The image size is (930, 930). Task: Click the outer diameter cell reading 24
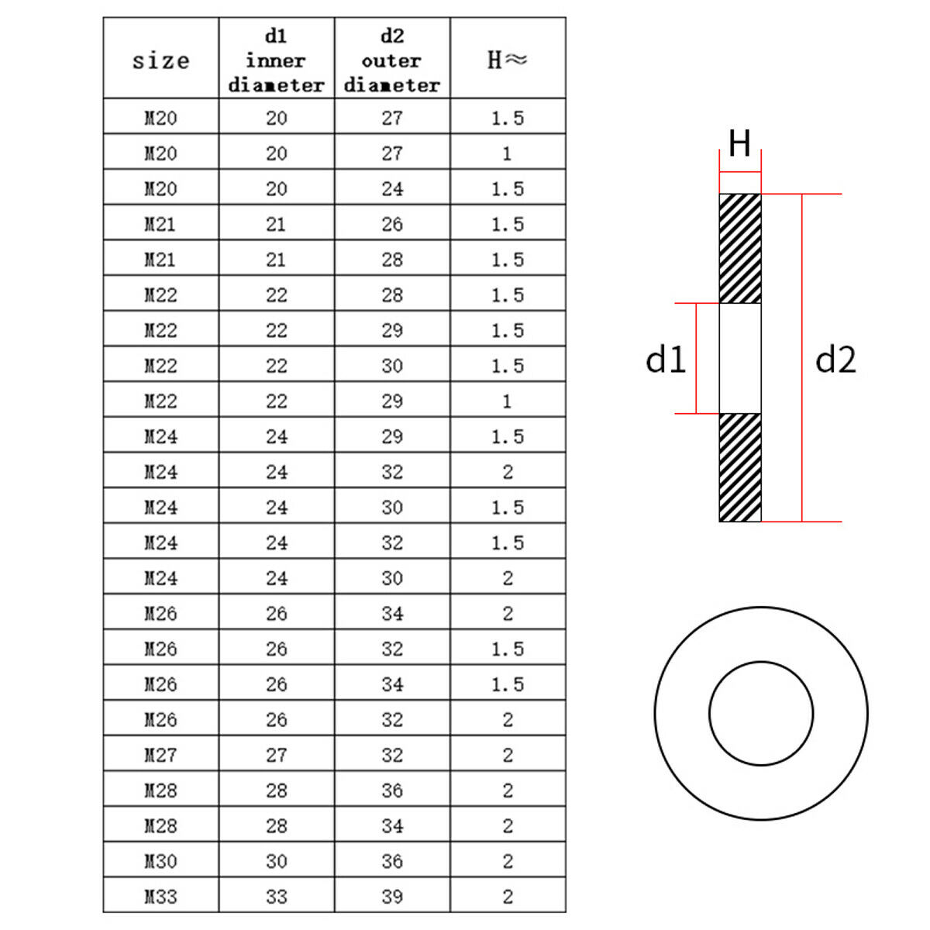(392, 188)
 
